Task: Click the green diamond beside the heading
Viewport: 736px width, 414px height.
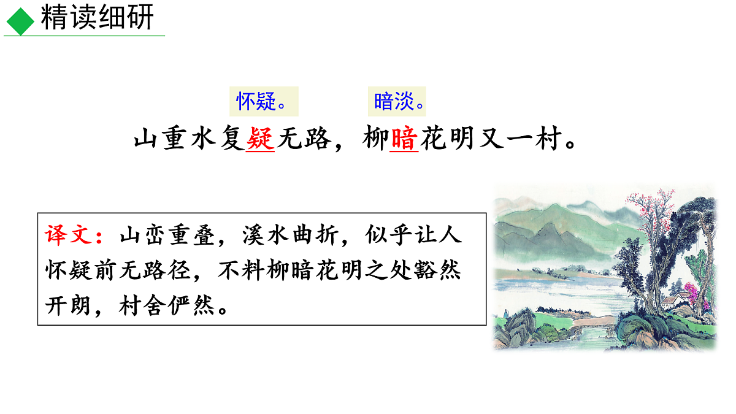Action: (21, 21)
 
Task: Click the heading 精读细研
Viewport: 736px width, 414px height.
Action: (97, 19)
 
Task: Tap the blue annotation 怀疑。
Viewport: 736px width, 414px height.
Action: (263, 102)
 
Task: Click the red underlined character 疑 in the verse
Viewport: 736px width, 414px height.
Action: (259, 140)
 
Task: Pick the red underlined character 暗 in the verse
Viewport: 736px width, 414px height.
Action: (404, 140)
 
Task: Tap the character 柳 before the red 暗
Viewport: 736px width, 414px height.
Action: (374, 140)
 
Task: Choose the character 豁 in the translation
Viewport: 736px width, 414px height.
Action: (424, 270)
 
